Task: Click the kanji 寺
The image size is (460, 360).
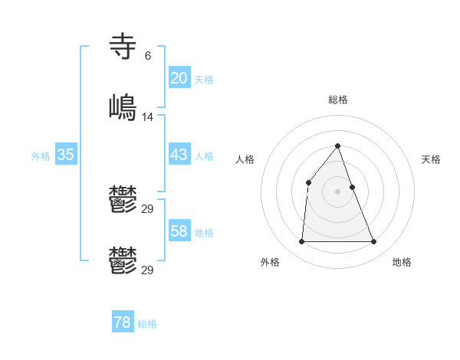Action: tap(123, 46)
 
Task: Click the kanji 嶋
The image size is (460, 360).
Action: tap(123, 107)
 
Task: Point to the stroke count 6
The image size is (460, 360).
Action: tap(147, 55)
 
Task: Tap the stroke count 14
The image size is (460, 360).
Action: tap(148, 116)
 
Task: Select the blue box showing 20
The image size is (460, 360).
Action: tap(179, 78)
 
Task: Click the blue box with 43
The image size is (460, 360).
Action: tap(179, 155)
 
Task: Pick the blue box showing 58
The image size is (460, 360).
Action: tap(179, 231)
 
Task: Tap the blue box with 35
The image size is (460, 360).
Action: tap(65, 155)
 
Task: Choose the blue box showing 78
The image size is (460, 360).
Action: tap(122, 322)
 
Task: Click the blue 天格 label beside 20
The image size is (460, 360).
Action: tap(204, 80)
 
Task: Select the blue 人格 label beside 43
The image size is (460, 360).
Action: tap(204, 156)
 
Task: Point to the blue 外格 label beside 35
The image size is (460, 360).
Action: tap(41, 156)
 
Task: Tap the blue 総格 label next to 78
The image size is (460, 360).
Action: tap(147, 324)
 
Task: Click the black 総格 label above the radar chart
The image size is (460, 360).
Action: tap(338, 100)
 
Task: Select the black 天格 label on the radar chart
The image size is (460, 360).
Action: tap(432, 159)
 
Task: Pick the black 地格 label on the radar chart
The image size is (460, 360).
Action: tap(402, 262)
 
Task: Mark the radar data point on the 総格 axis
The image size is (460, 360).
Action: tap(338, 146)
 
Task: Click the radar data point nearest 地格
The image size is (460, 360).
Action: tap(374, 242)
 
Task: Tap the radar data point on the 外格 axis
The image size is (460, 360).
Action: tap(301, 242)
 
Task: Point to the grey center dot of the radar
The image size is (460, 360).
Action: tap(338, 191)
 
